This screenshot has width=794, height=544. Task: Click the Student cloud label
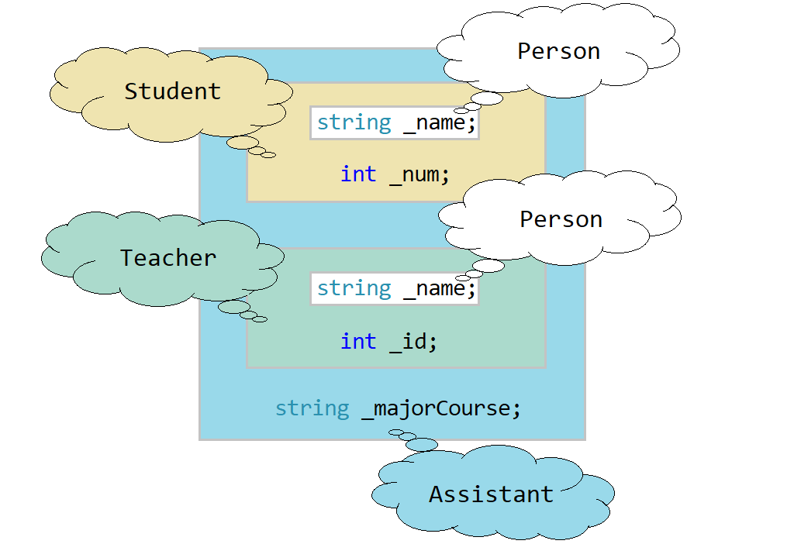[x=172, y=91]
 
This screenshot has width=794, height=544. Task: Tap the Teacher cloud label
[x=167, y=258]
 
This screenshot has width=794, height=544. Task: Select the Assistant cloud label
[x=491, y=494]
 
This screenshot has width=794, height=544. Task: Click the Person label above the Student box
[x=558, y=51]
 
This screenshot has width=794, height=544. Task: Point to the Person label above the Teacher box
[x=561, y=219]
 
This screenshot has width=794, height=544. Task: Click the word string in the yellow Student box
[x=354, y=122]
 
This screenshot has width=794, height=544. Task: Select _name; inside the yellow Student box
[x=440, y=122]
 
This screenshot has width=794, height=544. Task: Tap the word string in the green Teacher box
[x=354, y=288]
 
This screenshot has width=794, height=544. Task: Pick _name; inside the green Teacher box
[x=439, y=288]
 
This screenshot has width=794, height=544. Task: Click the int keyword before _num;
[x=358, y=174]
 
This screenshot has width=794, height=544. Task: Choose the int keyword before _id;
[x=358, y=341]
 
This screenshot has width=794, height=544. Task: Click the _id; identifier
[x=413, y=341]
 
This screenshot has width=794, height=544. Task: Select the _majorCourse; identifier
[x=441, y=408]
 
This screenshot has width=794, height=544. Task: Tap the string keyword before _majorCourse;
[x=312, y=408]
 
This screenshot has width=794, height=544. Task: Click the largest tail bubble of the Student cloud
[x=242, y=142]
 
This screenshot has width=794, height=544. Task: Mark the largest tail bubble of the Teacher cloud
[x=233, y=307]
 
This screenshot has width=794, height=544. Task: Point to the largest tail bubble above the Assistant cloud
[x=422, y=444]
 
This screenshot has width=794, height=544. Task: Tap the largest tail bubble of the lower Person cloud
[x=488, y=267]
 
